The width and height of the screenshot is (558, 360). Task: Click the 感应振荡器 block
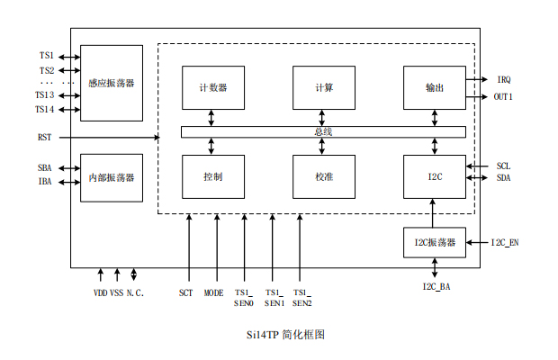(112, 83)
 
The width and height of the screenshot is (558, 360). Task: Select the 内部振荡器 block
(112, 177)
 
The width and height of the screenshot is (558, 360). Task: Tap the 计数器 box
(212, 88)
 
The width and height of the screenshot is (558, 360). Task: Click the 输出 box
(435, 88)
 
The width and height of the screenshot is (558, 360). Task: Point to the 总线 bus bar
(323, 132)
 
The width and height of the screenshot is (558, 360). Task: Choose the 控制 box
(212, 177)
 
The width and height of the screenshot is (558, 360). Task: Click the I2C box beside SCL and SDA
(435, 177)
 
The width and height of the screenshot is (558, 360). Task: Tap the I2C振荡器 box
(435, 242)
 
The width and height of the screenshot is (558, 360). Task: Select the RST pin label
(44, 137)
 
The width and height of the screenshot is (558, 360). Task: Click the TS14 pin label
(44, 109)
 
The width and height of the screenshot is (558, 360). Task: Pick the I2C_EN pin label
(505, 243)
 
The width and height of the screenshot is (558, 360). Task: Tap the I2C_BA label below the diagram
(436, 286)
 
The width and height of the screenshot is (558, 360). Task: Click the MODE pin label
(214, 292)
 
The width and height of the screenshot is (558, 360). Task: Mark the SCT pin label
(186, 292)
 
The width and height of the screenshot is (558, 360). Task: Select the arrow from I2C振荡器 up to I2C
(435, 214)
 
